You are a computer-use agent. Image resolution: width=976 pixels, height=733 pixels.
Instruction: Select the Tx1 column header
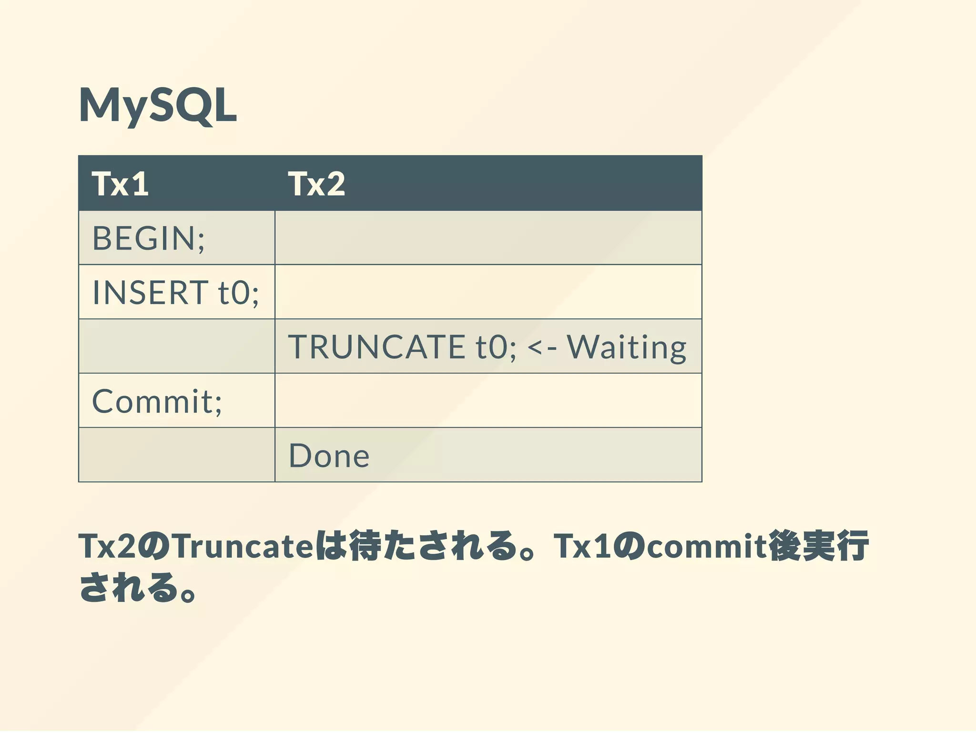(120, 183)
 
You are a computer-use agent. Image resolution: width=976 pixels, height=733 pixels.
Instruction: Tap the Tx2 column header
(316, 183)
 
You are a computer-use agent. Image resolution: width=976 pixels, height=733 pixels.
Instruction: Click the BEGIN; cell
(148, 238)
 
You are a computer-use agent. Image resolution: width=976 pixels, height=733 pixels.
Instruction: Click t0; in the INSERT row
(238, 292)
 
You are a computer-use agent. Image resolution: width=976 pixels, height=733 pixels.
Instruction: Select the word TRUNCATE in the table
(376, 346)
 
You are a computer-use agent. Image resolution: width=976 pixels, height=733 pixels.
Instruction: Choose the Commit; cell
(157, 401)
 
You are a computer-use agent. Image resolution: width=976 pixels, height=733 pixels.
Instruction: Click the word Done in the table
(329, 456)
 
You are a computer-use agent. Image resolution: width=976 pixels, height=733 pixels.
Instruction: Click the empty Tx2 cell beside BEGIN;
(488, 238)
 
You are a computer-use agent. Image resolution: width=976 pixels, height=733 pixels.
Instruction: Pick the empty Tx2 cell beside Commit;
(488, 401)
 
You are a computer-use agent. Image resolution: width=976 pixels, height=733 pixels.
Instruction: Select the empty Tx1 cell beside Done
(176, 455)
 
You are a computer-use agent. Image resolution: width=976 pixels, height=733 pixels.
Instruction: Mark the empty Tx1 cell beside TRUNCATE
(176, 346)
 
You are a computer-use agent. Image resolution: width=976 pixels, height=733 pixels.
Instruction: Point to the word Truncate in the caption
(243, 546)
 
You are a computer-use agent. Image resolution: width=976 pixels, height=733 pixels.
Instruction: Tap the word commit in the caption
(706, 546)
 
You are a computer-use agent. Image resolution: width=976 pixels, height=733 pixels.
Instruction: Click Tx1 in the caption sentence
(582, 546)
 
